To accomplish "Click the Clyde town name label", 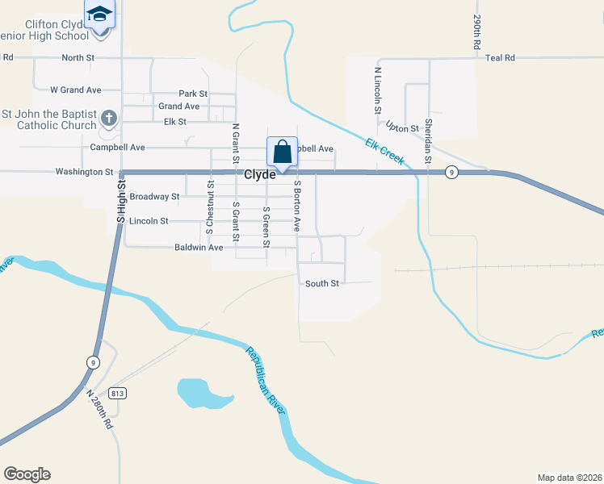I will click(x=260, y=173).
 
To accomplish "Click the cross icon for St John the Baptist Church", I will click(x=109, y=120).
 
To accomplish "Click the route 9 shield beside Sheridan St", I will click(x=453, y=172).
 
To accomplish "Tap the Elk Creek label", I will click(x=384, y=151).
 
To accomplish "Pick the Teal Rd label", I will click(x=501, y=58).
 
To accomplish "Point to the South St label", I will click(x=322, y=283).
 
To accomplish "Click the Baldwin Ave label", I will click(x=199, y=248).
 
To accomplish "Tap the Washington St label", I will click(x=84, y=172).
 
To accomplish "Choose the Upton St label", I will click(x=402, y=127).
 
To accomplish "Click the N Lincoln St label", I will click(x=377, y=90).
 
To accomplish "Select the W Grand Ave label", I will click(x=75, y=90).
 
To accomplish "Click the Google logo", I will click(x=27, y=474).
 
